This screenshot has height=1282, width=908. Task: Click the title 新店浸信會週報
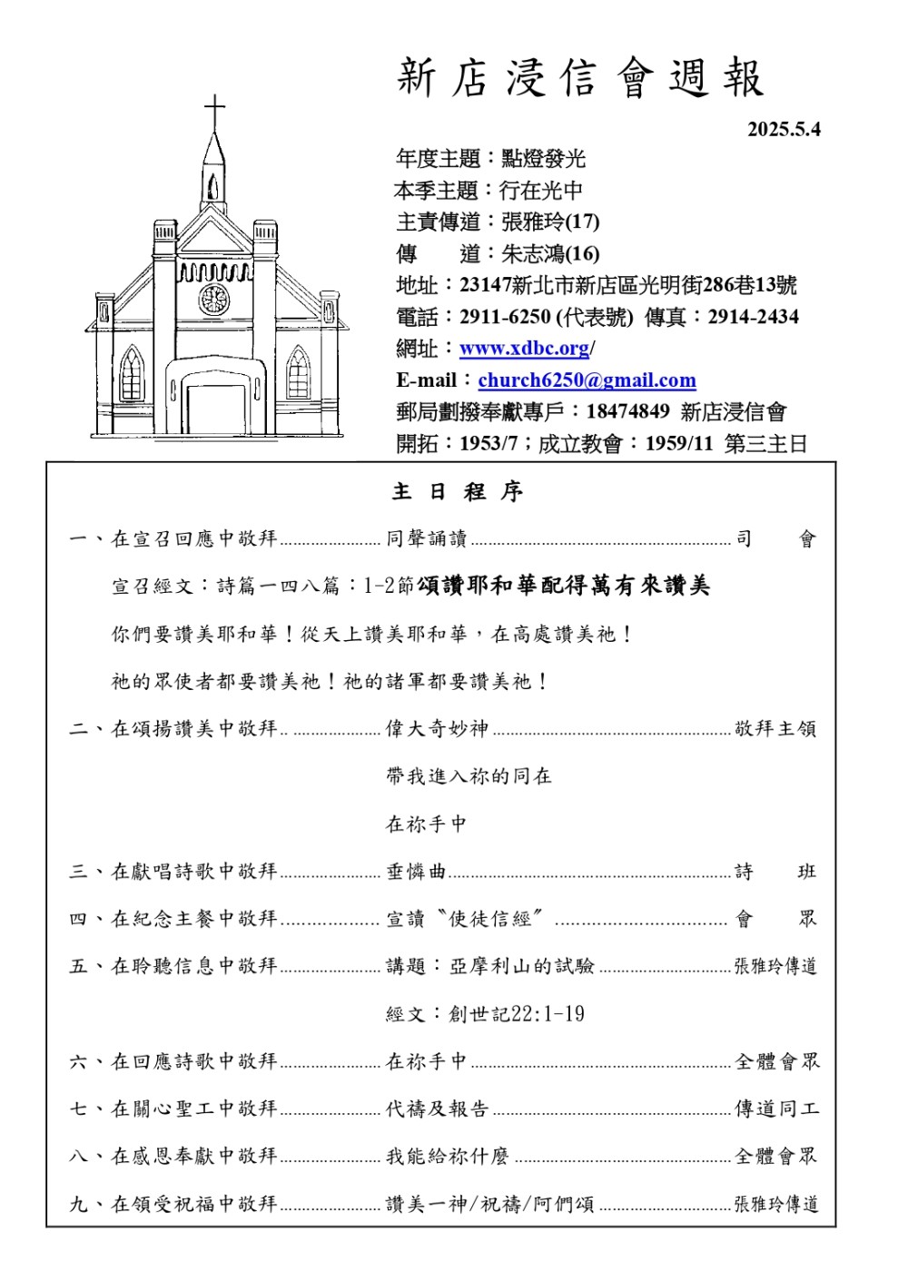581,78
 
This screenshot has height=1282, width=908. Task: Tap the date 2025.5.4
784,129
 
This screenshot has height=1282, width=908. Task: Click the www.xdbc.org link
525,349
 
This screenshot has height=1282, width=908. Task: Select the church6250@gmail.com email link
587,380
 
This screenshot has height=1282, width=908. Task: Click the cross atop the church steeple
214,111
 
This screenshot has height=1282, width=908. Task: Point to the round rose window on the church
214,300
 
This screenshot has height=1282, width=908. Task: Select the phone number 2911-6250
505,317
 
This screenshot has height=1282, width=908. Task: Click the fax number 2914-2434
753,317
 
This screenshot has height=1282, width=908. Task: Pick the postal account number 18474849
627,411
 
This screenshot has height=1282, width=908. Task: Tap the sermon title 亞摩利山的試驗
522,966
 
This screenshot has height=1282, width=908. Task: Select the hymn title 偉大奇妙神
437,728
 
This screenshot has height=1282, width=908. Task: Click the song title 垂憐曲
416,872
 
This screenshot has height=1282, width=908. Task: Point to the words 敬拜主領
775,728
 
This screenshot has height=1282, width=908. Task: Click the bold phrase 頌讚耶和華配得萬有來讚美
564,587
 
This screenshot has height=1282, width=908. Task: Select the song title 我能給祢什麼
447,1156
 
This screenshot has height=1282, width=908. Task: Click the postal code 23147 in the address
485,285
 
